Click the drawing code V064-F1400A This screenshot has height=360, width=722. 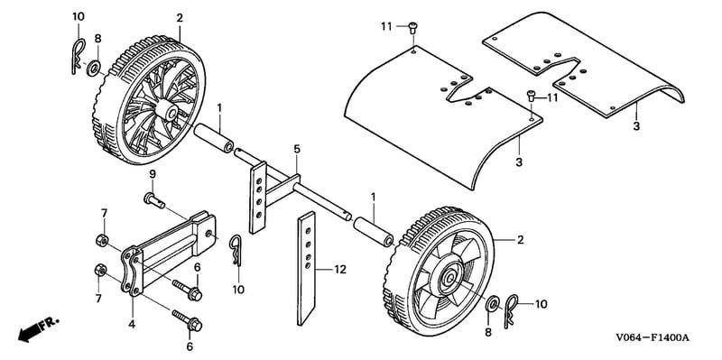pyautogui.click(x=653, y=338)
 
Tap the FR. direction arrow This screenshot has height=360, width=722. pyautogui.click(x=38, y=328)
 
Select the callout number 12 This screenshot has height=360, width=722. pyautogui.click(x=339, y=271)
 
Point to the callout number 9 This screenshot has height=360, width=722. pyautogui.click(x=153, y=174)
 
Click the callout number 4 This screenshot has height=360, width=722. pyautogui.click(x=132, y=324)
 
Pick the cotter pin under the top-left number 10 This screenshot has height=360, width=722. pyautogui.click(x=78, y=57)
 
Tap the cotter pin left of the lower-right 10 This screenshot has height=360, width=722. pyautogui.click(x=511, y=311)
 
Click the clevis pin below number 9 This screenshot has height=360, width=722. pyautogui.click(x=155, y=199)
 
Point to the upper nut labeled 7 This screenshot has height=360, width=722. pyautogui.click(x=101, y=240)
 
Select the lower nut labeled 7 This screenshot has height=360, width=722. pyautogui.click(x=100, y=271)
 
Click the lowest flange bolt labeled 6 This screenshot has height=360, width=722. pyautogui.click(x=187, y=320)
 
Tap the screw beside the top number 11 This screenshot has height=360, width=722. pyautogui.click(x=412, y=29)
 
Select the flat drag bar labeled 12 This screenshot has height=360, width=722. pyautogui.click(x=306, y=268)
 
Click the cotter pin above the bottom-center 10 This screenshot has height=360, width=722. pyautogui.click(x=236, y=252)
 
